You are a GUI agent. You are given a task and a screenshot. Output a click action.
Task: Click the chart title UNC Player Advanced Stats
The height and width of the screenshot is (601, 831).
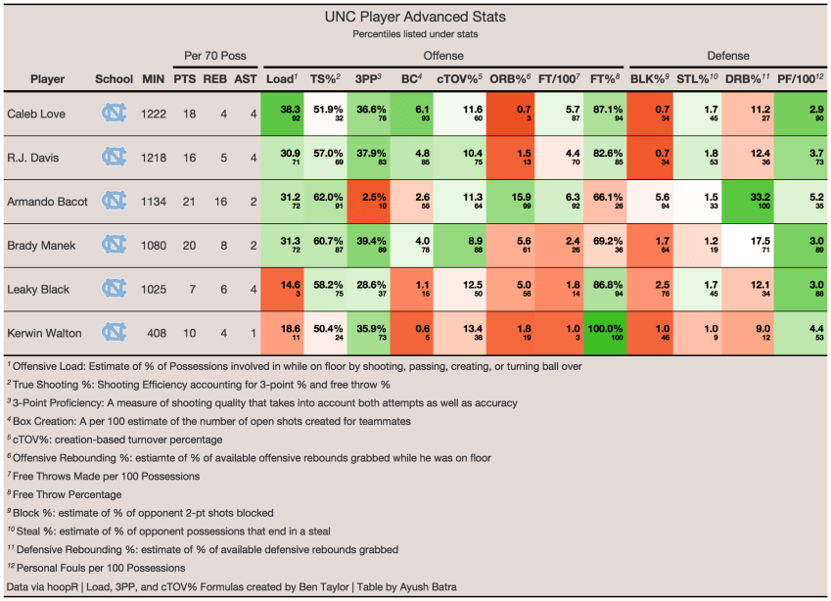pyautogui.click(x=415, y=17)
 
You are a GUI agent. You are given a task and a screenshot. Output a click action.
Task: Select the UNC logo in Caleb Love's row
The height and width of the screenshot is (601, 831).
pyautogui.click(x=115, y=115)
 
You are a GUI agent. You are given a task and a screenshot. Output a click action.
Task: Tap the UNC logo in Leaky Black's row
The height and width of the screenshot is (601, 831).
pyautogui.click(x=115, y=288)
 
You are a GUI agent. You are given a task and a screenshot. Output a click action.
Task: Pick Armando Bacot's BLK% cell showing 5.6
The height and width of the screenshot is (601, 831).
pyautogui.click(x=650, y=201)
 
